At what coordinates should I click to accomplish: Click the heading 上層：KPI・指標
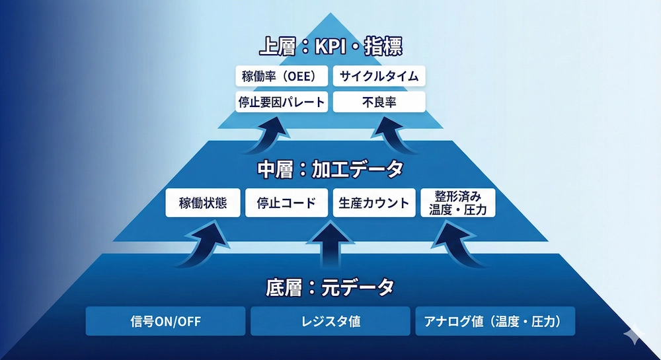(330, 48)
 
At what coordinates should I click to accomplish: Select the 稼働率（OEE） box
(282, 76)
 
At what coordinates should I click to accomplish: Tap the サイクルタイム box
(379, 76)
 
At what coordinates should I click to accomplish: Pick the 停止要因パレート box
(282, 102)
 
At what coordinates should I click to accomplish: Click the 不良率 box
(379, 102)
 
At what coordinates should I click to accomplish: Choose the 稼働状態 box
(203, 203)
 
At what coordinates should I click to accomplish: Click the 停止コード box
(286, 203)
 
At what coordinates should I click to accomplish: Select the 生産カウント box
(374, 203)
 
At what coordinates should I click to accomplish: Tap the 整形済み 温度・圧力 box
(457, 203)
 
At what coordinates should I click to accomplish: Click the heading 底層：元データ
(330, 287)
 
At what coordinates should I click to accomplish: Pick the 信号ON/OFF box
(165, 321)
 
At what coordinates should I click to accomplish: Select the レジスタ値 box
(330, 321)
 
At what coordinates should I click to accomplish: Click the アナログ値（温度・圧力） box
(494, 321)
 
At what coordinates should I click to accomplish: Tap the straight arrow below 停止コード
(330, 244)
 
